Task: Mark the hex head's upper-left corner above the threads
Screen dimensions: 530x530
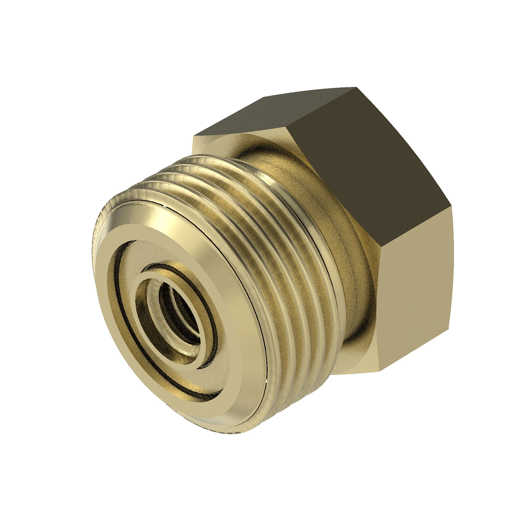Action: point(194,135)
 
